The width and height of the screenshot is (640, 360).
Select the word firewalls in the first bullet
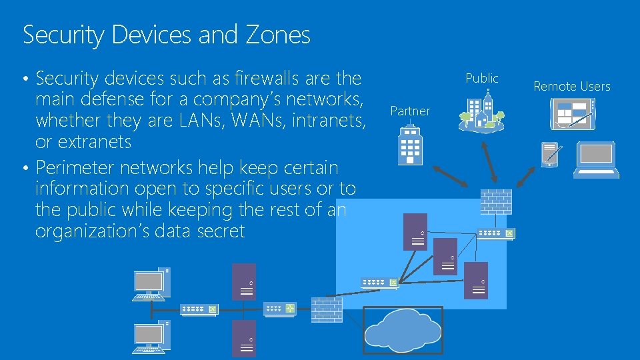[264, 79]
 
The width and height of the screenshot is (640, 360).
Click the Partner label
[410, 111]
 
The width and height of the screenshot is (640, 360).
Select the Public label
[481, 78]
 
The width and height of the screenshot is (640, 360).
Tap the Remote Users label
[572, 86]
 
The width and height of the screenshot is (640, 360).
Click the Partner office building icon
[409, 145]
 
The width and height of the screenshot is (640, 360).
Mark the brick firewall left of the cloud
[327, 310]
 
